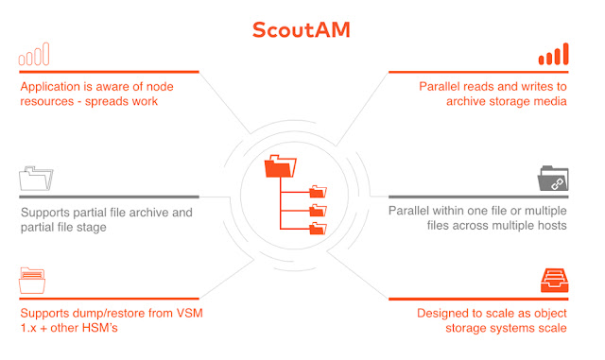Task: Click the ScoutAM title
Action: (x=301, y=29)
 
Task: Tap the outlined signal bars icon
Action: (x=34, y=54)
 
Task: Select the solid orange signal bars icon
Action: (x=553, y=54)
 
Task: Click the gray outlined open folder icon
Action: (x=36, y=179)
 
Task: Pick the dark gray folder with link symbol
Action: (x=553, y=179)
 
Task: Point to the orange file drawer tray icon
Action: (x=555, y=281)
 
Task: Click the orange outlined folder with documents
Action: (x=32, y=281)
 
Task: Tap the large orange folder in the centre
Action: (x=281, y=166)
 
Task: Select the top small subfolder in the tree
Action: (x=318, y=192)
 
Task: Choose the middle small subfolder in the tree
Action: (x=318, y=210)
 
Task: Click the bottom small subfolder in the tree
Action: (x=318, y=229)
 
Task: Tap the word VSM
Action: (x=189, y=313)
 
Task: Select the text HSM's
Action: (x=100, y=328)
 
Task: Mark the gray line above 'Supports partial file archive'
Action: (x=110, y=197)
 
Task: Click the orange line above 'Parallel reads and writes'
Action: (x=478, y=72)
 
